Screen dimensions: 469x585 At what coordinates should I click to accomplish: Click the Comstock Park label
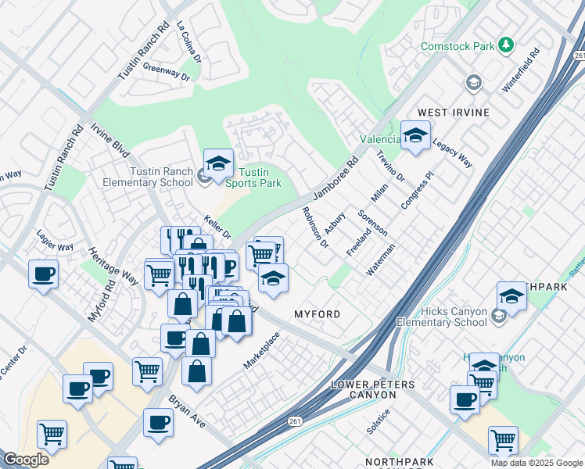pos(458,46)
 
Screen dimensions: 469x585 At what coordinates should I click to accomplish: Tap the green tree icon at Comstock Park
pos(507,45)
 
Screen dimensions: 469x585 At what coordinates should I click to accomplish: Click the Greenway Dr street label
pos(166,72)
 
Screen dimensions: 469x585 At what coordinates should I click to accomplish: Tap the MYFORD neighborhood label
pos(317,314)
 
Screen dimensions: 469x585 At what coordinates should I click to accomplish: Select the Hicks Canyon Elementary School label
pos(442,317)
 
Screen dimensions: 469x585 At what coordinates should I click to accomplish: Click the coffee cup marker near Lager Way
pos(43,274)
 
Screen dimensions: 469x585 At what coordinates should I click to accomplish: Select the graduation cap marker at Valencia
pos(415,134)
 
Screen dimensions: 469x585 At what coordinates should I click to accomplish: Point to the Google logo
pos(26,460)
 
